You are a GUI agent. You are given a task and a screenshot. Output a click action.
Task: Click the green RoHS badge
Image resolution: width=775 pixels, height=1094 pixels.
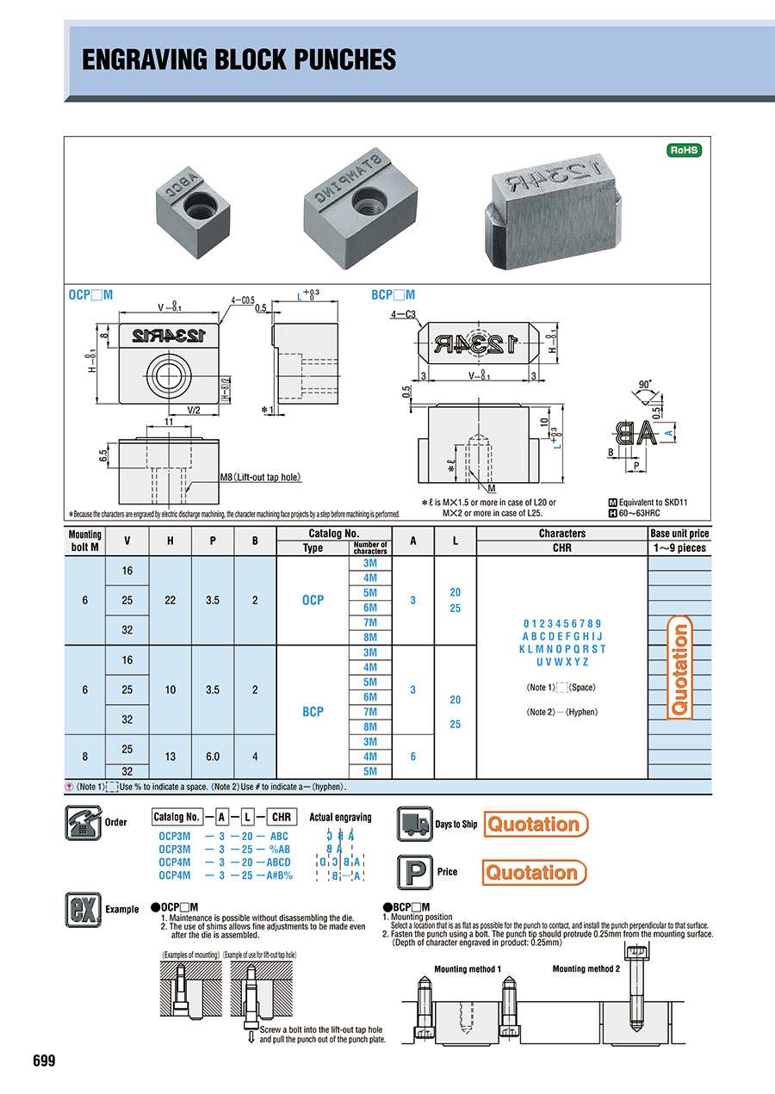point(685,151)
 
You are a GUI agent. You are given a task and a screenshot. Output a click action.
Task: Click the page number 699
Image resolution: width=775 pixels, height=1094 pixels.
point(44,1060)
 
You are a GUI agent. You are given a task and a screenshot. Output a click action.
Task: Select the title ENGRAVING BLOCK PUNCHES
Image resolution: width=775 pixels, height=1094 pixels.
point(239,59)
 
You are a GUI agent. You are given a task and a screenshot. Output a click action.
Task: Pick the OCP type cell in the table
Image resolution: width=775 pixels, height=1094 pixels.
point(313,600)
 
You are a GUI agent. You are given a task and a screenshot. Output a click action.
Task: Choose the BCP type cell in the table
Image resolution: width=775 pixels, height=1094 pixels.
point(313,712)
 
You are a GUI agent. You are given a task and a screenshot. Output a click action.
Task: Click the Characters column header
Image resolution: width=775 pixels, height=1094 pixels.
point(561,534)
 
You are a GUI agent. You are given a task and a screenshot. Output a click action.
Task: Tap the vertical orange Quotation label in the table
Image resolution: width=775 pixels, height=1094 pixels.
point(679,669)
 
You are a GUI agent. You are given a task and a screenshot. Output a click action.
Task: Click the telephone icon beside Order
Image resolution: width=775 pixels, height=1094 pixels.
point(83,822)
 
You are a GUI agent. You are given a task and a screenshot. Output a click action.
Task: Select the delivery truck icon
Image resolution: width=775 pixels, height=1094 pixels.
point(414,824)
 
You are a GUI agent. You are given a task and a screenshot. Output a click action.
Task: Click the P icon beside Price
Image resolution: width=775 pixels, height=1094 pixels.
point(414,872)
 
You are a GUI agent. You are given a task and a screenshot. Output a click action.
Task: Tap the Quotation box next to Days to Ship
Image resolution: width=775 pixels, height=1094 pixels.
point(536,824)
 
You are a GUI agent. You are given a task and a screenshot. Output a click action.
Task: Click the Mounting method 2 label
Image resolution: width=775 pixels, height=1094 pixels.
point(586,969)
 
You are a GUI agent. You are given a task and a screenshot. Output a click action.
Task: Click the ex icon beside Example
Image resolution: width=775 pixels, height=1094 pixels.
point(83,909)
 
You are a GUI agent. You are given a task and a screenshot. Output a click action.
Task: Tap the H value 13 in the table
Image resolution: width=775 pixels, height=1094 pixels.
point(170,756)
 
